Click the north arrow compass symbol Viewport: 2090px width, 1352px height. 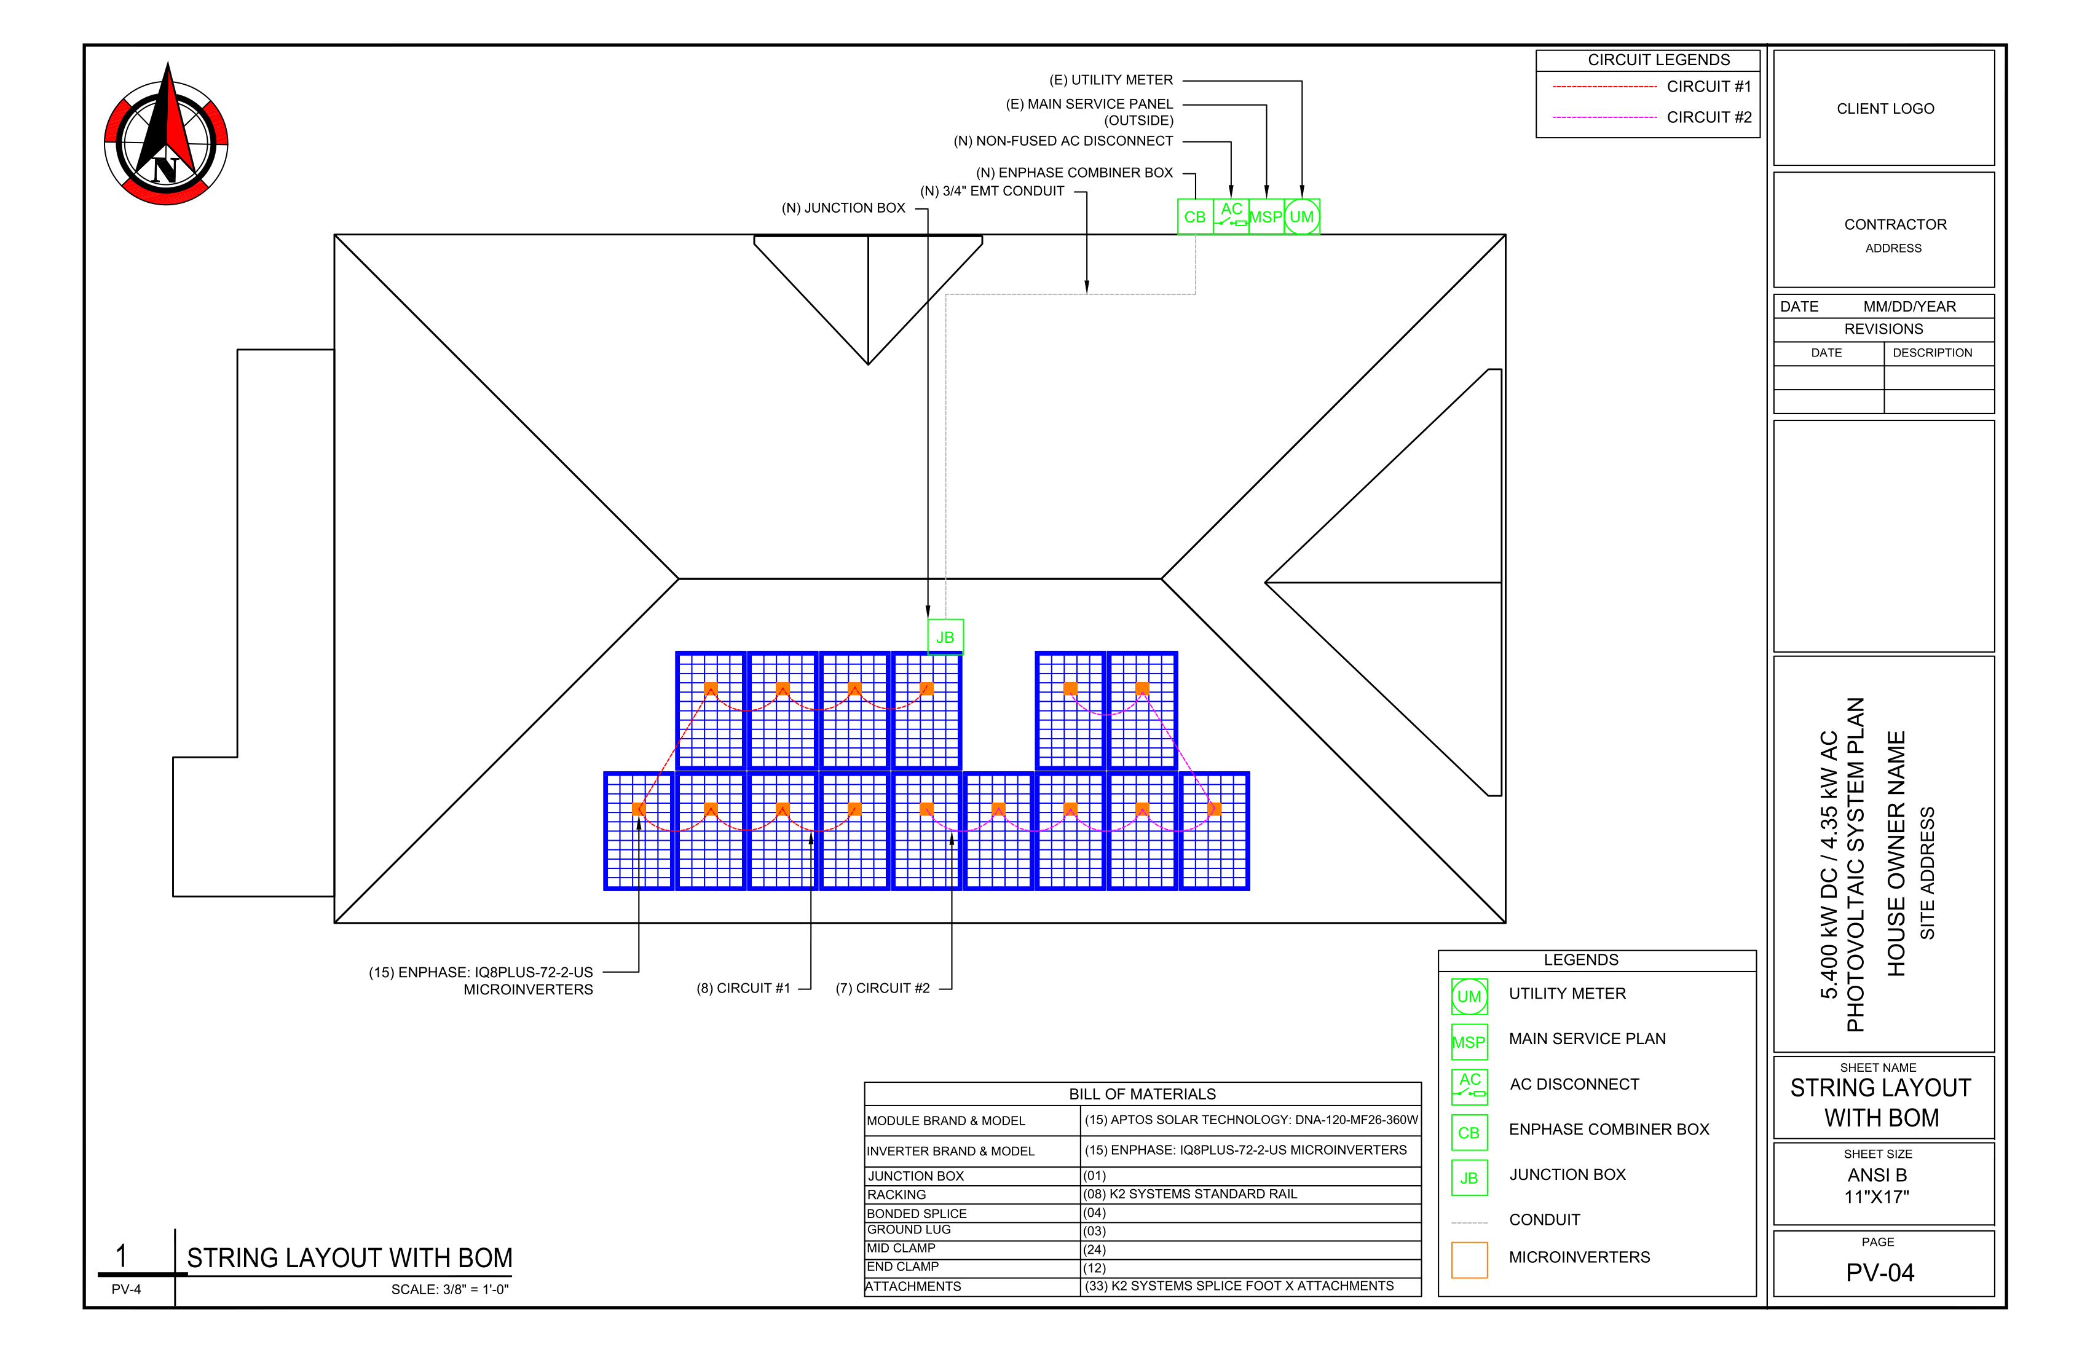[x=166, y=136]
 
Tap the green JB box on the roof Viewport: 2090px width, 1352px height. [x=945, y=637]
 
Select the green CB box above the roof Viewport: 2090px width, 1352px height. [x=1194, y=217]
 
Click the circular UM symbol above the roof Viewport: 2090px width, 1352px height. [x=1301, y=217]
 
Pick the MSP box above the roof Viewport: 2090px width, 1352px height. [x=1266, y=217]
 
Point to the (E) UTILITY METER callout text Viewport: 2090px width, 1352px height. [x=1111, y=80]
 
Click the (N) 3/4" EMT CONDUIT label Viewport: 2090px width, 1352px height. [x=992, y=191]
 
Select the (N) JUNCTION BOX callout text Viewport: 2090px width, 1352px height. [x=843, y=208]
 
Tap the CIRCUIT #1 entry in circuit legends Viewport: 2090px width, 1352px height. [x=1708, y=87]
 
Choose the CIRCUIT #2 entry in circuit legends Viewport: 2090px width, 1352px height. [x=1708, y=117]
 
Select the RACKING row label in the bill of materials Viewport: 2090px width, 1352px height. [x=896, y=1195]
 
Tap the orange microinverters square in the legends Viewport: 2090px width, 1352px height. [x=1469, y=1260]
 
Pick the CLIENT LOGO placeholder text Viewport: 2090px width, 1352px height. [x=1885, y=109]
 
